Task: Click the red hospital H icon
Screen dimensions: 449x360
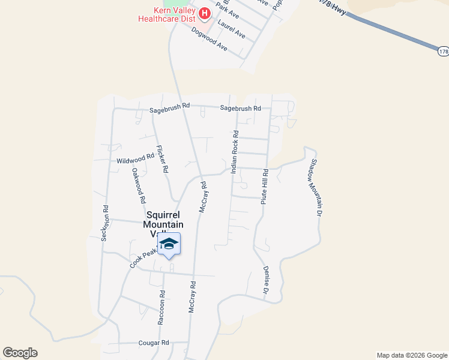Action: (x=205, y=13)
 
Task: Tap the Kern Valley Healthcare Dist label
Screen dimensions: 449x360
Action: (x=167, y=14)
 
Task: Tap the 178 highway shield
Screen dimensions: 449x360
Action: (x=443, y=52)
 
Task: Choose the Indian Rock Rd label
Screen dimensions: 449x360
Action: (x=235, y=149)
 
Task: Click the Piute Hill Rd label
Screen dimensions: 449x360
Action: (x=264, y=187)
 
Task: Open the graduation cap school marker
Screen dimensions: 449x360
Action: (x=169, y=244)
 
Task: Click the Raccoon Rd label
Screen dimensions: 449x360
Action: (x=161, y=308)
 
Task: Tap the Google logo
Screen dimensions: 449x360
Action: (x=20, y=353)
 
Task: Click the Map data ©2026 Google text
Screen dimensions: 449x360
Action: (x=411, y=355)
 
